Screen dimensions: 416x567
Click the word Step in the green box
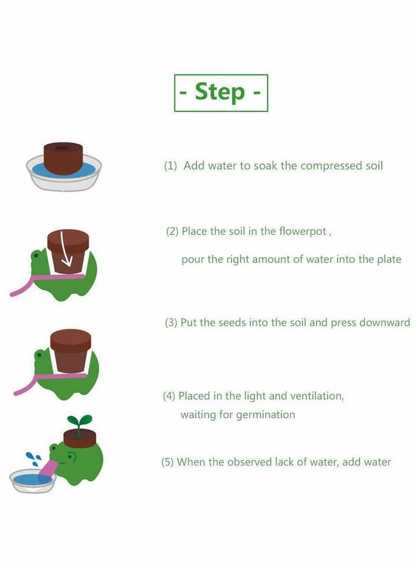pos(220,92)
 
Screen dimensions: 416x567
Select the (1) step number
pos(171,166)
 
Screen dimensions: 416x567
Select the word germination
pos(266,415)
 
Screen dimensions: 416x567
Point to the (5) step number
pos(168,462)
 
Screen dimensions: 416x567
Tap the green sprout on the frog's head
pos(80,423)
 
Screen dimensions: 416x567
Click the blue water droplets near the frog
pos(34,458)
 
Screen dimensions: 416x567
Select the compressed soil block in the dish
pos(63,159)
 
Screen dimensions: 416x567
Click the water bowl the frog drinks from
pos(33,481)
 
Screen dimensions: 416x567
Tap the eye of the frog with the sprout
pos(54,449)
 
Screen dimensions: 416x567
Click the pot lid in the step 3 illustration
pos(71,341)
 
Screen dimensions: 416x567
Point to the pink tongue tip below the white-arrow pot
pos(13,294)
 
